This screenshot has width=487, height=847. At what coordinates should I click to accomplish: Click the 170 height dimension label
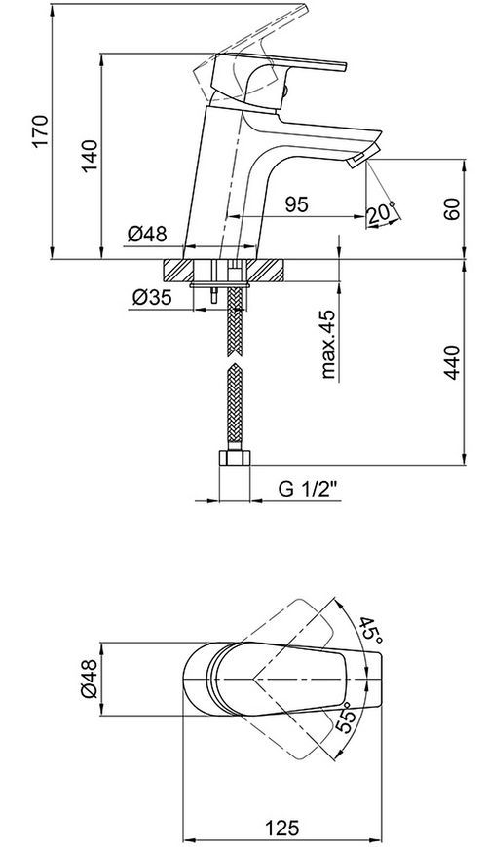[x=41, y=130]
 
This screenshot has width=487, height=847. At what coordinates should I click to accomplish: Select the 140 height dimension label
[x=90, y=156]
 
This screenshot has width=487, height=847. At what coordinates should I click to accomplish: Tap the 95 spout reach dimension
[x=297, y=204]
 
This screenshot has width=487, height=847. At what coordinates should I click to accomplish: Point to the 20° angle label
[x=382, y=213]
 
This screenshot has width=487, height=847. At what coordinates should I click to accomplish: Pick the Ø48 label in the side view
[x=147, y=235]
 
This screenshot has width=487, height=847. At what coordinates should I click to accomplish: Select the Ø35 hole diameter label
[x=152, y=297]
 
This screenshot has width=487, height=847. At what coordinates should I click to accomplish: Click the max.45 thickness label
[x=327, y=344]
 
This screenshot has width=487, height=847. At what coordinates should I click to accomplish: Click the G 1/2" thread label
[x=308, y=489]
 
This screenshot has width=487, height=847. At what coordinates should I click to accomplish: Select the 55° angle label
[x=347, y=717]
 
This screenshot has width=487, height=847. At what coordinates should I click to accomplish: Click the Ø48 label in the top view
[x=90, y=679]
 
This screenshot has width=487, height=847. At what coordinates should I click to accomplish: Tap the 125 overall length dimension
[x=281, y=827]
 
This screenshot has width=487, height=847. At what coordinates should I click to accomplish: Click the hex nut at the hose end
[x=234, y=459]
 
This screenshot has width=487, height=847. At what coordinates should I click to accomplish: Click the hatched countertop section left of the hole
[x=180, y=270]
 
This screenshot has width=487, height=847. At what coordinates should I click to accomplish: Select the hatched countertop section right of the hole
[x=265, y=270]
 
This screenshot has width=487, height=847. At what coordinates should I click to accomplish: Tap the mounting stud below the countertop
[x=215, y=292]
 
